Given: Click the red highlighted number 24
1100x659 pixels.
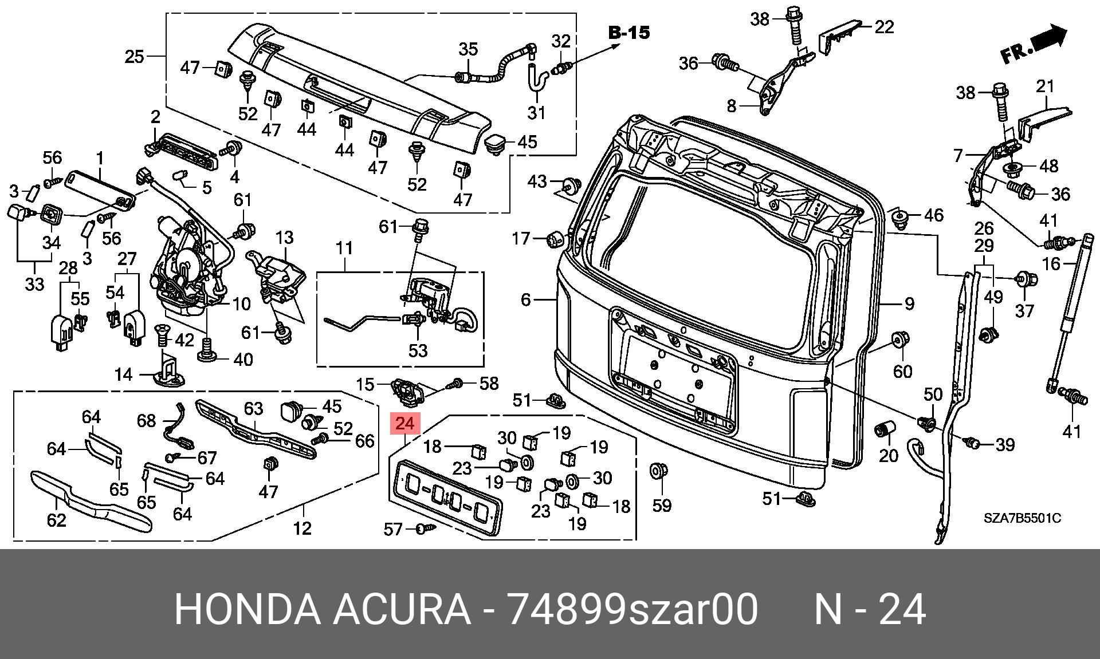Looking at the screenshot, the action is (404, 424).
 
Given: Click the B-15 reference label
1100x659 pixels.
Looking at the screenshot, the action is (629, 33).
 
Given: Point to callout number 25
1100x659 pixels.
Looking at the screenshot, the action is (135, 57).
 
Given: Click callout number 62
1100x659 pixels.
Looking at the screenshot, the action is (56, 520).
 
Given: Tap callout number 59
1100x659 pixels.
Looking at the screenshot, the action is (662, 506).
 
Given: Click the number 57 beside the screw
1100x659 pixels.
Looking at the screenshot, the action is (394, 530).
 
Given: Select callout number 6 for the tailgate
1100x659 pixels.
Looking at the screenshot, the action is (526, 299).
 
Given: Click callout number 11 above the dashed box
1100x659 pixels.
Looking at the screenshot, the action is (344, 248).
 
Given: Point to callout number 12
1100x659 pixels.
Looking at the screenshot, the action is (302, 527).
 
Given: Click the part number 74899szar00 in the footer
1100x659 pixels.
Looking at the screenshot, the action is (633, 609).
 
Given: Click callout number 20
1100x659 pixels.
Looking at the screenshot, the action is (889, 456).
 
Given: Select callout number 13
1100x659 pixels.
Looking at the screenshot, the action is (284, 237).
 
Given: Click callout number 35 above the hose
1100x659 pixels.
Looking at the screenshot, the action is (468, 49).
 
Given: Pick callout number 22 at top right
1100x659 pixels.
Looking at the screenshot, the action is (884, 27).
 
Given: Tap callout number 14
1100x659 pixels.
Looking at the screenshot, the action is (124, 374).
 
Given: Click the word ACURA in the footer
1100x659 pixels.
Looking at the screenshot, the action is (402, 609).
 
